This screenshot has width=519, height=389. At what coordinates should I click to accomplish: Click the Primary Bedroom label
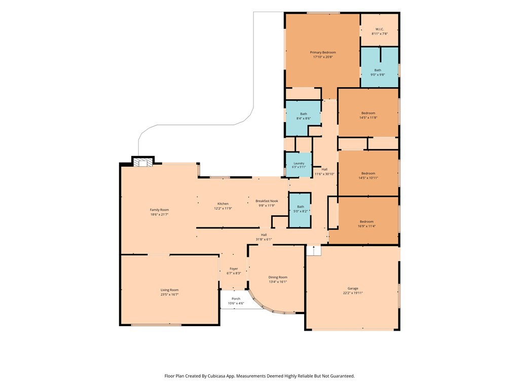point(323,52)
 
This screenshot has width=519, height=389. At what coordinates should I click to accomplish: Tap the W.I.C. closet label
point(379,29)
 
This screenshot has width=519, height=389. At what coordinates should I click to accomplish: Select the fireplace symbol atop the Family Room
point(142,162)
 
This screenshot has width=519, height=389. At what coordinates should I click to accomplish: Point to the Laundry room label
point(299,164)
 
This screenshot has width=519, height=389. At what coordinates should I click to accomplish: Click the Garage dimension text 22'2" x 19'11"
point(353,293)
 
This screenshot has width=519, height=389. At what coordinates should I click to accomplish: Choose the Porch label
point(236,299)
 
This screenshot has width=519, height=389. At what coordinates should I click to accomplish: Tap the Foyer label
point(234,268)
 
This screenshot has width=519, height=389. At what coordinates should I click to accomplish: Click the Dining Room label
point(278,277)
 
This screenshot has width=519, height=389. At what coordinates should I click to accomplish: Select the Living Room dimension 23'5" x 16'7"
point(169,294)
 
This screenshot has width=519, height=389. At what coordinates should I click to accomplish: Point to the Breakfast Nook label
point(267,201)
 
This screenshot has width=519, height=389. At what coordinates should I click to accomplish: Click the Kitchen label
point(223,204)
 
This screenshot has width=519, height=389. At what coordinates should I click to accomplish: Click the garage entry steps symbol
point(313,250)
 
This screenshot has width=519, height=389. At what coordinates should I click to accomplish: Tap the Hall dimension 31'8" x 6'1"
point(264,240)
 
